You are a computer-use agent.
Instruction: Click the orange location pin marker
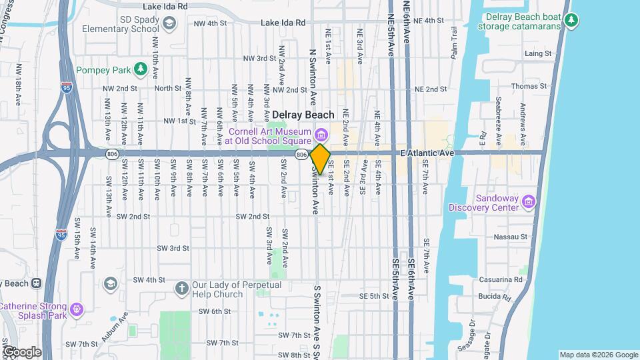coord(320,159)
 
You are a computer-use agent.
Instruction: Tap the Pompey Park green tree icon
coord(140,69)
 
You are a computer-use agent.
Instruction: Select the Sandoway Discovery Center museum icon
coord(529,201)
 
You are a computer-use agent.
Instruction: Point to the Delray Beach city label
coord(303,115)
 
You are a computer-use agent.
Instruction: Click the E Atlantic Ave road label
coord(427,153)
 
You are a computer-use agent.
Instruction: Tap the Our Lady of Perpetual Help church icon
coord(181,289)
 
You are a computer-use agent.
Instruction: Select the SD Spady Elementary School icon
coord(169,24)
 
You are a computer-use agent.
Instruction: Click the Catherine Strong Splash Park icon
coord(77,309)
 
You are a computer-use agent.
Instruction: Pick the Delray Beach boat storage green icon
coord(571,21)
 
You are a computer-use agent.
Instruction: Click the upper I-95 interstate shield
coord(66,87)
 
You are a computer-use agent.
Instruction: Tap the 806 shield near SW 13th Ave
coord(112,153)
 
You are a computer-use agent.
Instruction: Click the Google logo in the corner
coord(21,351)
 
